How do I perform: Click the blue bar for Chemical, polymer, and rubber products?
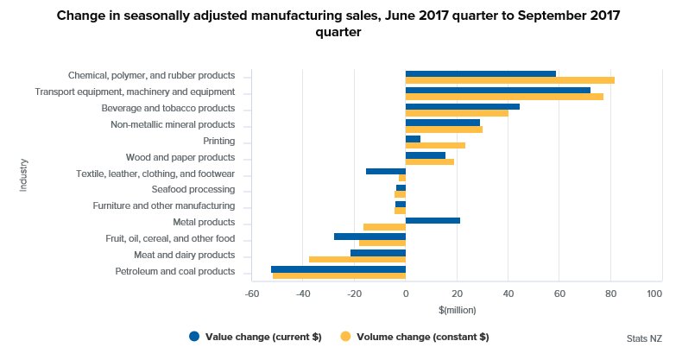click(x=480, y=73)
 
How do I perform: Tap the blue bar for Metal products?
click(x=433, y=220)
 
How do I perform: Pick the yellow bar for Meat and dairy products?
click(x=357, y=259)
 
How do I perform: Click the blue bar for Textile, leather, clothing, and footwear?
click(x=385, y=171)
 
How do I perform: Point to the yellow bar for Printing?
click(x=435, y=145)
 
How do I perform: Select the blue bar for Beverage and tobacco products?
click(x=462, y=106)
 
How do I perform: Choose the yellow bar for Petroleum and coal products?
click(x=338, y=275)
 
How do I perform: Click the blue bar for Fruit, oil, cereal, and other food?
click(x=369, y=236)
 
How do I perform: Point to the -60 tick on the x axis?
click(x=252, y=294)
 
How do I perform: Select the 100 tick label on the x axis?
click(x=654, y=294)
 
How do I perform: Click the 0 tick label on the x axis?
click(x=406, y=294)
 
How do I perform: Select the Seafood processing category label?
click(x=193, y=190)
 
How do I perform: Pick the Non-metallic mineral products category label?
click(x=173, y=124)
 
